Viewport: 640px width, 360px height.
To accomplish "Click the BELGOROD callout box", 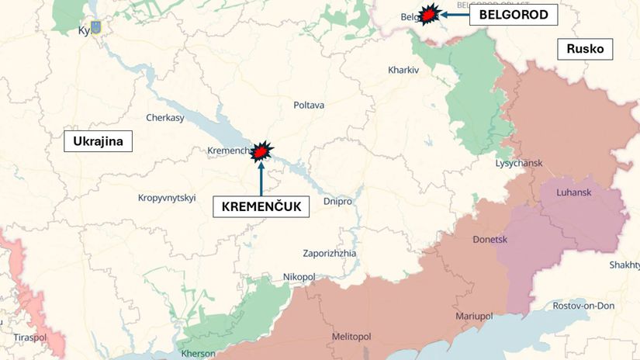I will (x=513, y=15).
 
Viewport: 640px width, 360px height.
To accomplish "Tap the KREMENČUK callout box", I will (x=261, y=207).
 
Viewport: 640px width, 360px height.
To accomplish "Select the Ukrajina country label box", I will (x=99, y=141).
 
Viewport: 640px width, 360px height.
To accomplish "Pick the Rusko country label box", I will (x=585, y=49).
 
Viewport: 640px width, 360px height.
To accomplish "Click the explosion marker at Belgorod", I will (x=427, y=15).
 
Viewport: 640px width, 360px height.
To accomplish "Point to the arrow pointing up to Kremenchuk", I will (x=261, y=177).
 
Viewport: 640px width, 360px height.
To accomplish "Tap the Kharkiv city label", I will (x=403, y=70).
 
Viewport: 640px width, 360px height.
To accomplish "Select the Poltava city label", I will (x=309, y=105).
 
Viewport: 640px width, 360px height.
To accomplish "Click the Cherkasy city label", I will (x=165, y=118).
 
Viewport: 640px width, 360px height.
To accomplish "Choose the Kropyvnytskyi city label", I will (x=167, y=198).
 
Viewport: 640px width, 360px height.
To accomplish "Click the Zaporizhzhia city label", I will (x=330, y=253).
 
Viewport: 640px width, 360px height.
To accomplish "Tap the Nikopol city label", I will (x=299, y=276).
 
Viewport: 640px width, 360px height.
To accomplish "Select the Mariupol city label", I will (x=474, y=316).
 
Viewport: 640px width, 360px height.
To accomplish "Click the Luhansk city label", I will (x=574, y=192).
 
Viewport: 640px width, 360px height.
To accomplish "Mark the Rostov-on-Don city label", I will (x=583, y=306).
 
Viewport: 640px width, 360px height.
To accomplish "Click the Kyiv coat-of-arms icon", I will (x=96, y=28).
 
